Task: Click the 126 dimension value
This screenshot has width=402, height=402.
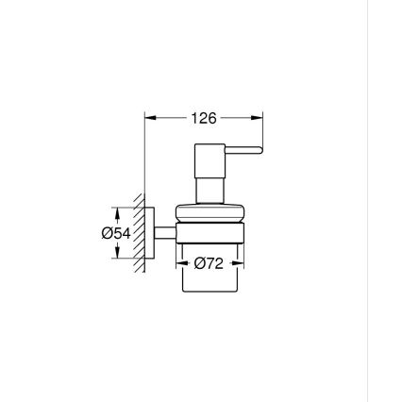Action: point(204,119)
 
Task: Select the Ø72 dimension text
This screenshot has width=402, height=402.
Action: point(209,264)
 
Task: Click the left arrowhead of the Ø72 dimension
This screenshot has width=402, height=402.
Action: point(184,264)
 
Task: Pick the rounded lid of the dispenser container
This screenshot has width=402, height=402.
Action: point(208,212)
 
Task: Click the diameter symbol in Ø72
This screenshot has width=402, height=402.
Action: point(199,264)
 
